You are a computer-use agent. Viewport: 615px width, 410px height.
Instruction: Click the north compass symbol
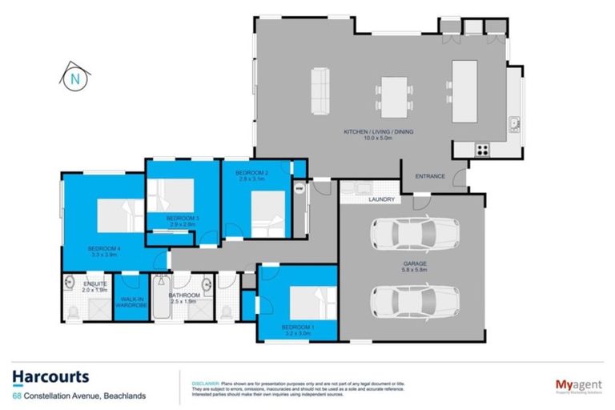tap(74, 78)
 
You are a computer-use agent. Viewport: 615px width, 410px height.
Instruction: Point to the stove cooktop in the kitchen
tap(484, 148)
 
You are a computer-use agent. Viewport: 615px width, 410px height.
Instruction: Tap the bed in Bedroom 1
tap(307, 303)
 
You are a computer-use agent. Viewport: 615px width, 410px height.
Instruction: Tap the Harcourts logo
tap(50, 376)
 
